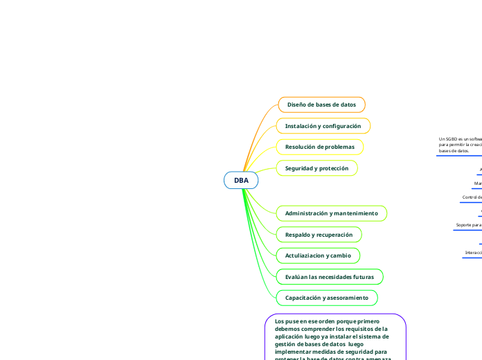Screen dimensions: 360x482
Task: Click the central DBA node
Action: tap(241, 180)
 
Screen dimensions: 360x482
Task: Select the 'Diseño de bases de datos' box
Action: tap(321, 105)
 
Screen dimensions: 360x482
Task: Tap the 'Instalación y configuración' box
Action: tap(323, 126)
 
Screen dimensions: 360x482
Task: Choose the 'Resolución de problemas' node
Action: tap(319, 147)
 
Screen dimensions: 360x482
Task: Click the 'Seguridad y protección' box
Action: tap(316, 168)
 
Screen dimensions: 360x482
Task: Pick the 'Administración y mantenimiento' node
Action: tap(331, 213)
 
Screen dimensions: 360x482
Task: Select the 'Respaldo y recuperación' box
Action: tap(319, 235)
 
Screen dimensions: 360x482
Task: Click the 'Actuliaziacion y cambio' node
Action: tap(318, 256)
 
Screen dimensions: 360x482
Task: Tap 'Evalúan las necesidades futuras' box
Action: tap(329, 277)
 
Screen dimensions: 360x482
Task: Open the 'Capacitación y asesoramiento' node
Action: tap(326, 298)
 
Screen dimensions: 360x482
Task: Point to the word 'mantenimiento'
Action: tap(357, 213)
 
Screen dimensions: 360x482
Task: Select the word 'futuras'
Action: tap(361, 277)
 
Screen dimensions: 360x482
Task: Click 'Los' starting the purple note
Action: tap(279, 321)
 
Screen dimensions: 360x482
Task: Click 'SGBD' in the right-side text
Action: tap(451, 139)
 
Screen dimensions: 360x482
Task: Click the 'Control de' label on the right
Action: tap(472, 197)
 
